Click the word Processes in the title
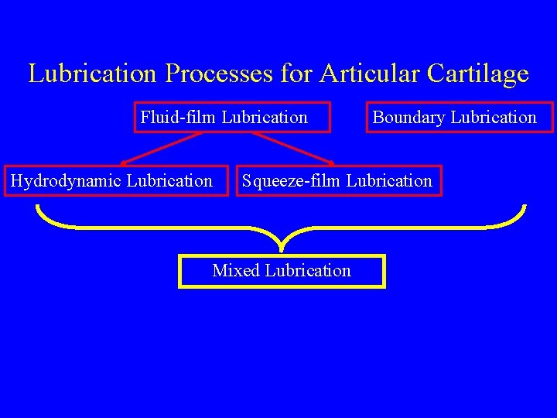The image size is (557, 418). [218, 74]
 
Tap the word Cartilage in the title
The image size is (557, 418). [477, 74]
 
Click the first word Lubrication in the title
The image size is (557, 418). [94, 74]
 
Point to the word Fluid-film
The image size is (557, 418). [178, 118]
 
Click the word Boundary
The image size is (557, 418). [409, 118]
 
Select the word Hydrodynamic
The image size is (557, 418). [66, 181]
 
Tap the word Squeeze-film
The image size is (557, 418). [292, 181]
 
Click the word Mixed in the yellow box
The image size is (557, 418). [236, 271]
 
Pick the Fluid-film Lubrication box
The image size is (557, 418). [232, 118]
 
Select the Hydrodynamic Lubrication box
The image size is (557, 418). [116, 181]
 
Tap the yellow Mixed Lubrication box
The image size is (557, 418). [282, 271]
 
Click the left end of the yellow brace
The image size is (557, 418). [37, 207]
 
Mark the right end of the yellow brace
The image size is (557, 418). [525, 207]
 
